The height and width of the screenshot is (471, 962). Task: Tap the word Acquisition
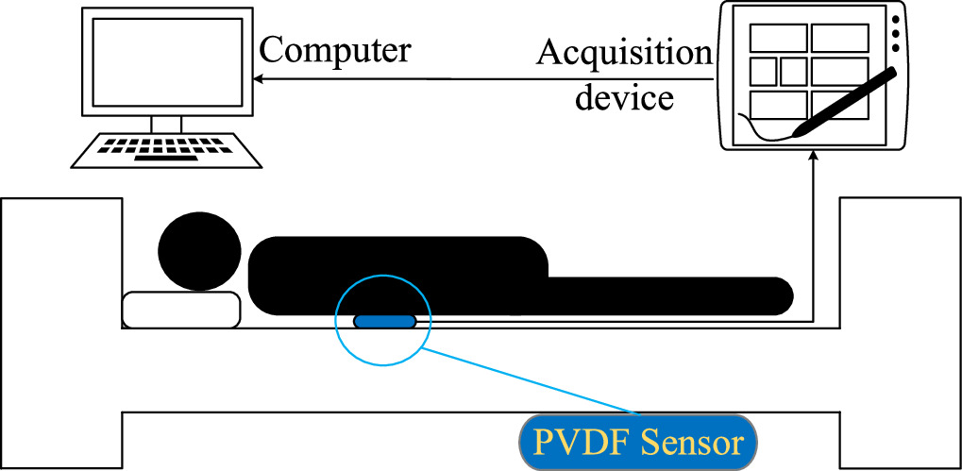click(623, 54)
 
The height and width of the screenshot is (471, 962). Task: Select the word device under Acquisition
click(624, 97)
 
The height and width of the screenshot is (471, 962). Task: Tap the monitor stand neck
click(165, 123)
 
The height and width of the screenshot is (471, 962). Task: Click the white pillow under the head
click(181, 310)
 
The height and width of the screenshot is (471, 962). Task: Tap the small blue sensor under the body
click(385, 321)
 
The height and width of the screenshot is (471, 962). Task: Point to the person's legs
click(670, 294)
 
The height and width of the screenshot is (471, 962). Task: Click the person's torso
click(397, 274)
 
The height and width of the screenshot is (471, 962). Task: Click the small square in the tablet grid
click(793, 71)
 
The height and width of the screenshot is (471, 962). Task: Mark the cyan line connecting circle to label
click(529, 381)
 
